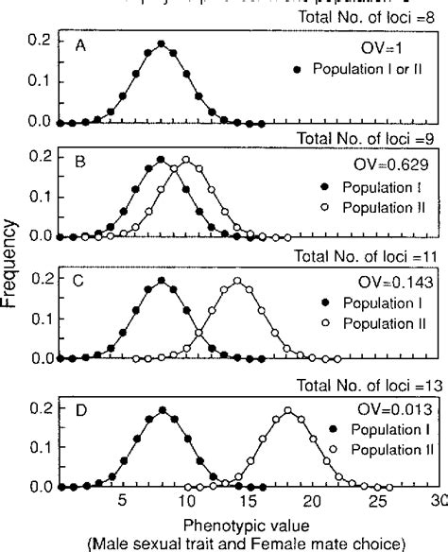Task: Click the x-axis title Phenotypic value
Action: click(240, 522)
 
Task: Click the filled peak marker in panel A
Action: click(161, 43)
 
